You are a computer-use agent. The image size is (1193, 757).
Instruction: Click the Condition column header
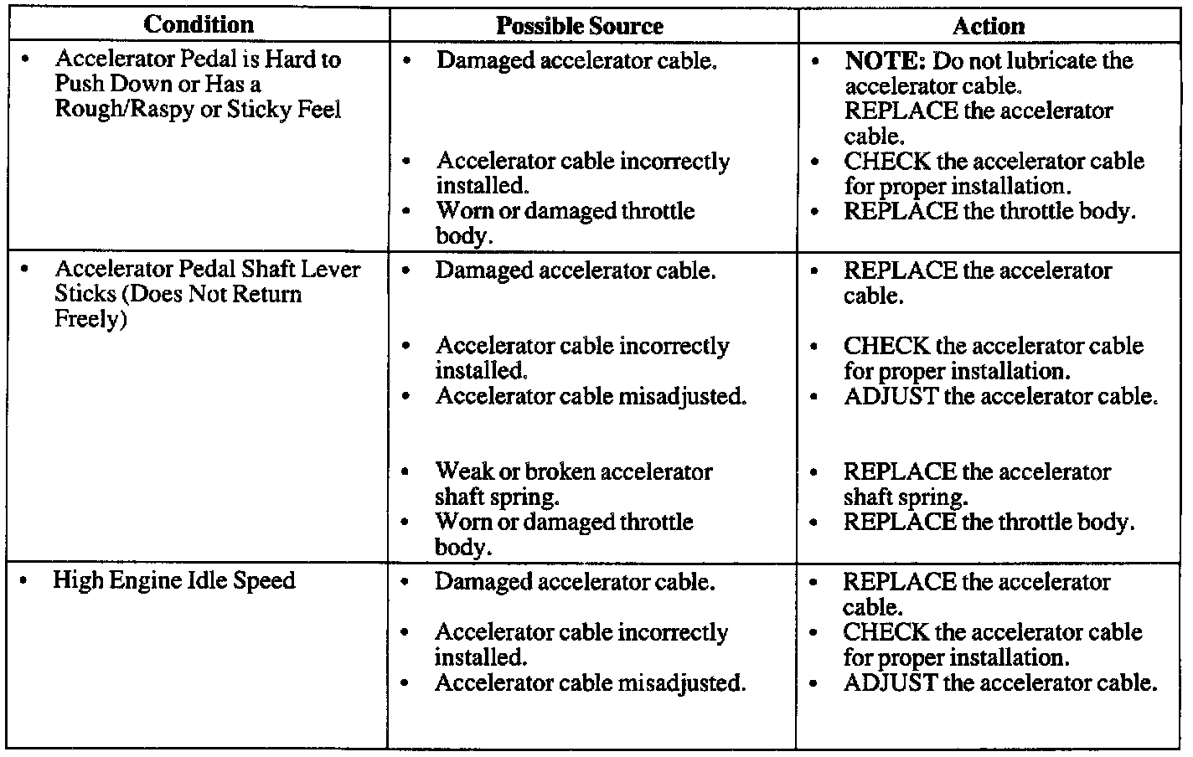(199, 24)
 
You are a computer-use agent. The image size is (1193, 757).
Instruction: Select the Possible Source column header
(579, 26)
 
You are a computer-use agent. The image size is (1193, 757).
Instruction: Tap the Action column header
(988, 26)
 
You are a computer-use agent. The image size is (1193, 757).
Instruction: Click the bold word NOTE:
(885, 60)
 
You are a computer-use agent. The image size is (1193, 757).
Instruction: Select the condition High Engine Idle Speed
(174, 580)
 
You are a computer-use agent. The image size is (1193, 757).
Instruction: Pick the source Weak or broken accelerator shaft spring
(573, 484)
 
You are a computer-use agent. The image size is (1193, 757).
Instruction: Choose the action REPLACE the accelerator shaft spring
(977, 484)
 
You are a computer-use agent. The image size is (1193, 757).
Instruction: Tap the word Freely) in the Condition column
(90, 320)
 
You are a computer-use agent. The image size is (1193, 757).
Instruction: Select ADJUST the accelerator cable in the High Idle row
(1000, 682)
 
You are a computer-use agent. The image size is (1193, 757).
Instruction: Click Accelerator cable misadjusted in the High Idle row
(590, 682)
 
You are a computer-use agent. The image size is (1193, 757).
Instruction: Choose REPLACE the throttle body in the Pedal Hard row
(989, 211)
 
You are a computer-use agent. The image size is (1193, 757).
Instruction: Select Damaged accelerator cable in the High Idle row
(575, 582)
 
